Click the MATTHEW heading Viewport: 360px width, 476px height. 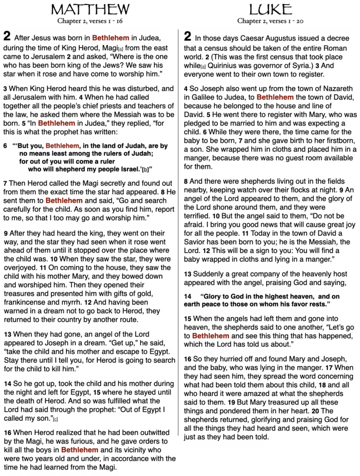click(91, 9)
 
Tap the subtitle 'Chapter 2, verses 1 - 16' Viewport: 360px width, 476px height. click(91, 21)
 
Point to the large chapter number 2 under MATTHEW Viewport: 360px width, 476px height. click(7, 36)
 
